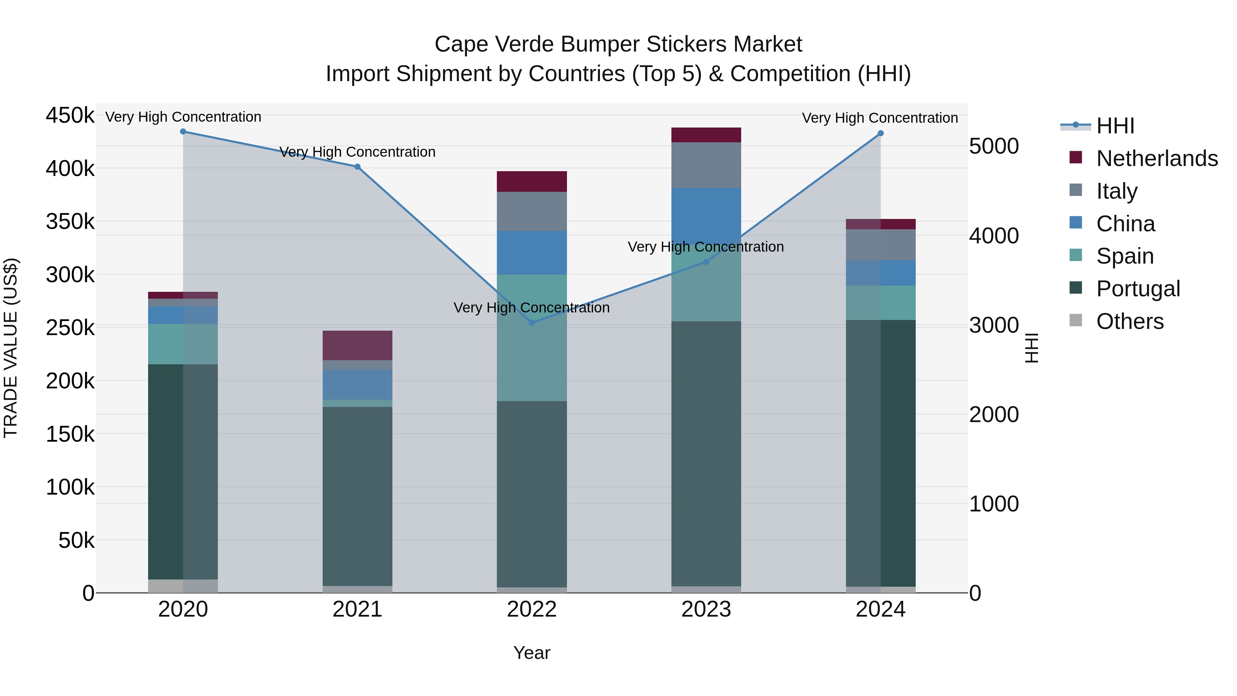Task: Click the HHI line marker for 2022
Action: (x=532, y=323)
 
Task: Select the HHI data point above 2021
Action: (x=357, y=167)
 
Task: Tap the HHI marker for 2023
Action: (x=706, y=262)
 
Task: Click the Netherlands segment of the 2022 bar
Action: (x=532, y=181)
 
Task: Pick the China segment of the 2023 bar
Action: (x=706, y=211)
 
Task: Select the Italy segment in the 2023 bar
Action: (x=706, y=165)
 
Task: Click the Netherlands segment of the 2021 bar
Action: (x=357, y=345)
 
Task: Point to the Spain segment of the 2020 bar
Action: (x=183, y=344)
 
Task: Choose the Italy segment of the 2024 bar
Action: (x=880, y=245)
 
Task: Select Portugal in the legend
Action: (x=1138, y=289)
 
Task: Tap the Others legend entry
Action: (x=1129, y=321)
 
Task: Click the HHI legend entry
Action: (x=1115, y=126)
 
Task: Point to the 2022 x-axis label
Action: (x=532, y=609)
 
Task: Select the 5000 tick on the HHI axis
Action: (x=993, y=146)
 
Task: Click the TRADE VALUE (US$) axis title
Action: (x=11, y=348)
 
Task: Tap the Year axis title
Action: (x=532, y=653)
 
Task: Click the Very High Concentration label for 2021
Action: (x=357, y=152)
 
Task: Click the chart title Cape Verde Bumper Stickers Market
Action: (x=618, y=44)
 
